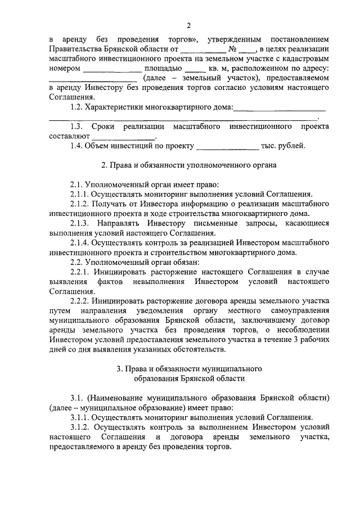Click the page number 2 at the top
(x=189, y=25)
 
